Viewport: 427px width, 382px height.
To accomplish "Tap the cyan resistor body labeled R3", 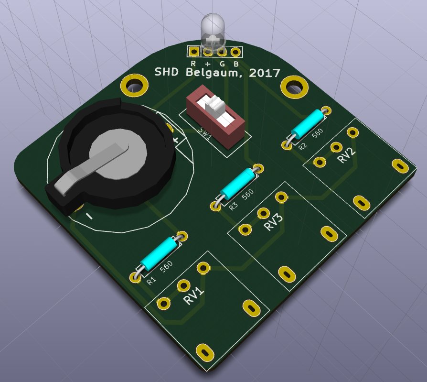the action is tap(237, 183).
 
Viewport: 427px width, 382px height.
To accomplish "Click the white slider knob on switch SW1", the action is tap(215, 105).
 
